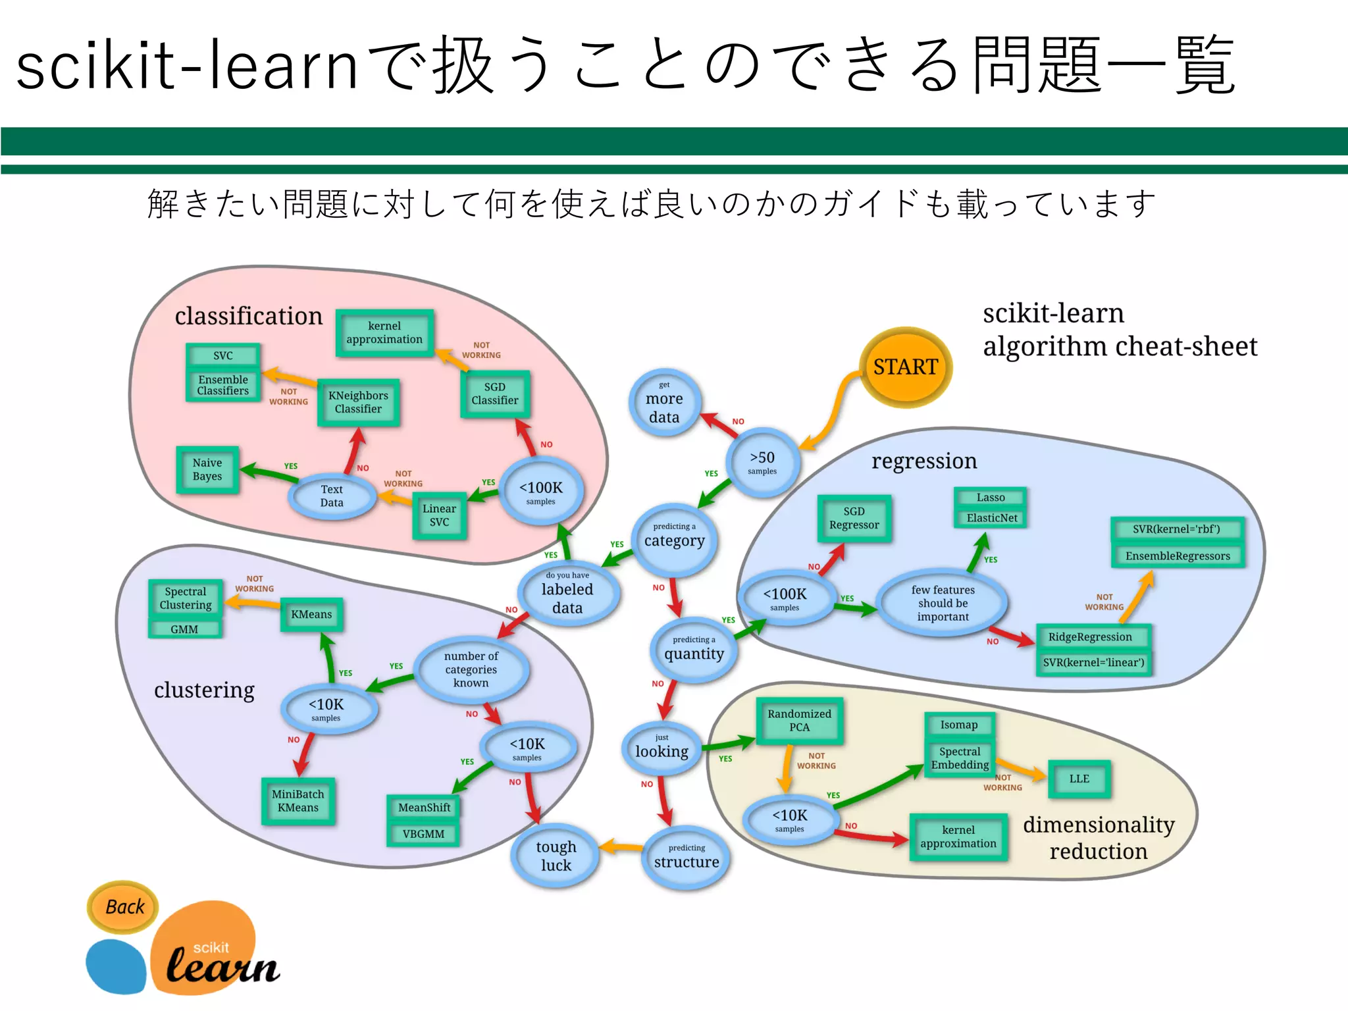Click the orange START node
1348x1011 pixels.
click(x=905, y=367)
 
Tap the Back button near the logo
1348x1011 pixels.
click(x=123, y=907)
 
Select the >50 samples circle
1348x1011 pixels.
click(x=762, y=462)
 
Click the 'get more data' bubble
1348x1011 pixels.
click(x=664, y=403)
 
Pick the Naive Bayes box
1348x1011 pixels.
click(x=207, y=469)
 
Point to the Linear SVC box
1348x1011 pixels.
click(x=439, y=515)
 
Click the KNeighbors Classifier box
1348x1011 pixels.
click(x=358, y=402)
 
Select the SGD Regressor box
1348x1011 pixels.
click(x=854, y=518)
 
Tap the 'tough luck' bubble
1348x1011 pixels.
click(x=556, y=856)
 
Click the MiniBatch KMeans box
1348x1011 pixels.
click(x=298, y=801)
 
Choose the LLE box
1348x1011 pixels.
click(x=1079, y=779)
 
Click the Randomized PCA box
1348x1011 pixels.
click(x=799, y=721)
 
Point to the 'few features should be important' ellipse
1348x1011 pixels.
click(x=943, y=603)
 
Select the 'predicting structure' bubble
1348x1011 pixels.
click(x=686, y=857)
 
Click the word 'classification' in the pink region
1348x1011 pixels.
click(x=248, y=316)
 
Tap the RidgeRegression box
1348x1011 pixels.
click(x=1090, y=637)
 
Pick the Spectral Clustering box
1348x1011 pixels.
click(x=186, y=598)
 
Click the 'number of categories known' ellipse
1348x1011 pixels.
click(x=471, y=669)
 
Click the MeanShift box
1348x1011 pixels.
click(x=424, y=808)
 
